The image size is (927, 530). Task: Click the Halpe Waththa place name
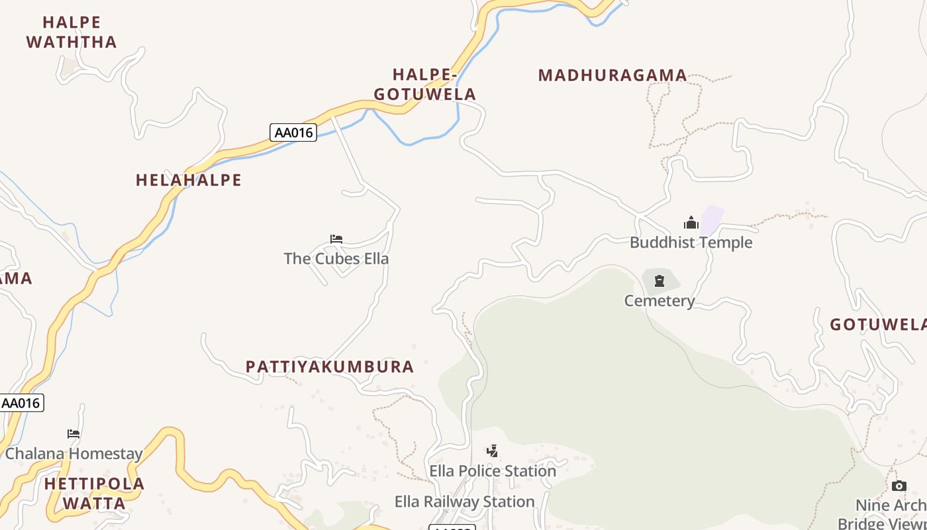pos(71,32)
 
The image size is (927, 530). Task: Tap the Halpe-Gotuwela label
pos(425,84)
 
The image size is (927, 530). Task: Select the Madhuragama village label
pos(612,76)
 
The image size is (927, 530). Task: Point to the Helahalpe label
pos(189,180)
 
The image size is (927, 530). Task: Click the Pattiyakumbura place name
pos(330,366)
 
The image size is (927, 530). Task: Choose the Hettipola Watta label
pos(94,494)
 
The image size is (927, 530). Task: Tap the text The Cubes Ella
pos(336,258)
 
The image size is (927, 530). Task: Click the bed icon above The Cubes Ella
pos(336,239)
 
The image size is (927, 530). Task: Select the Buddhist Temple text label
pos(691,242)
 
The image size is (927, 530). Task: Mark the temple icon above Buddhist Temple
pos(691,223)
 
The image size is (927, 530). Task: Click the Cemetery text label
pos(659,301)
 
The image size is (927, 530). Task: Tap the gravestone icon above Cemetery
pos(659,281)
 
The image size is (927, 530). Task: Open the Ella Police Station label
pos(493,471)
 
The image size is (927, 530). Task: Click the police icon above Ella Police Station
pos(492,452)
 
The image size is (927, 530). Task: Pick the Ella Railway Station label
pos(465,502)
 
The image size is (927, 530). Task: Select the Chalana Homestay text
pos(73,454)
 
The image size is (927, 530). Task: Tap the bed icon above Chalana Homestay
pos(73,434)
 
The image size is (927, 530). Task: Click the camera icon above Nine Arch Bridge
pos(899,486)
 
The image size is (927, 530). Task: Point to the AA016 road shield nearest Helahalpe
pos(293,132)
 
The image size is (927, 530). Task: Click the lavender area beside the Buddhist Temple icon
pos(712,219)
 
